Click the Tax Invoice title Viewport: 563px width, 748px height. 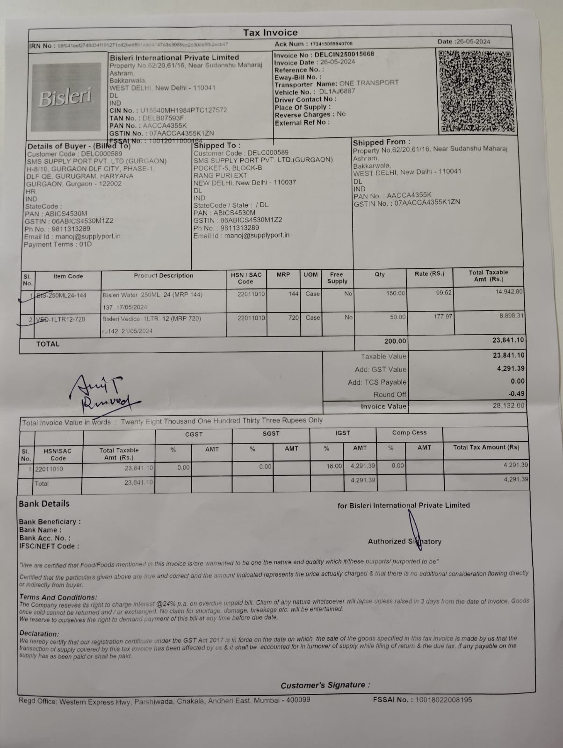point(270,33)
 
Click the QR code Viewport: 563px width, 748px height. point(476,91)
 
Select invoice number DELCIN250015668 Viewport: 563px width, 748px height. point(344,54)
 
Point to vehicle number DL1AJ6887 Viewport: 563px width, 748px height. point(337,92)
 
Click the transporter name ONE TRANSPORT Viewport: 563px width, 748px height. point(369,83)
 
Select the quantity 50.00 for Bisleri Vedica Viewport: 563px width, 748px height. point(397,317)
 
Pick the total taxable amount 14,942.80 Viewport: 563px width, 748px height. point(509,291)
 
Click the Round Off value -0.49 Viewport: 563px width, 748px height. point(516,394)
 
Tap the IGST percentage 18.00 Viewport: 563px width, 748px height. point(334,466)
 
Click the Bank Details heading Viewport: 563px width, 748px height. point(44,503)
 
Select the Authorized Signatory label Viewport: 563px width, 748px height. point(404,541)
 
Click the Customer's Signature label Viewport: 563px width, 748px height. point(325,685)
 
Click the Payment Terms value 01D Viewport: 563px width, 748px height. point(85,245)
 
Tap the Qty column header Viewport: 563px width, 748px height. point(380,274)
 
